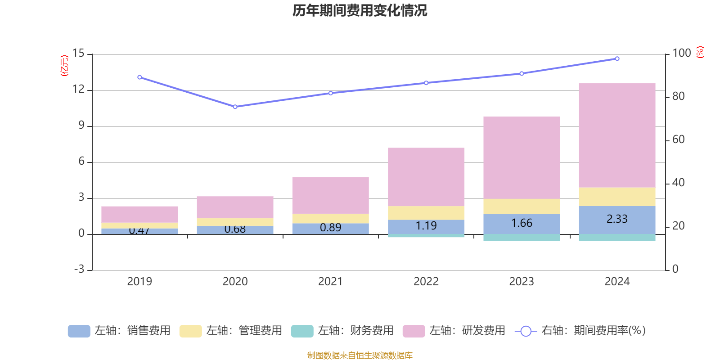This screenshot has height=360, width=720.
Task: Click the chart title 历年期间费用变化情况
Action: click(360, 10)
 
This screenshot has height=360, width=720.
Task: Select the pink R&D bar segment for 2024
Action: click(617, 135)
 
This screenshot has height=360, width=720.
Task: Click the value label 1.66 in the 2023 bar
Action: click(522, 223)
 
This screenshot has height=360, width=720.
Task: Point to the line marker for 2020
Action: click(235, 107)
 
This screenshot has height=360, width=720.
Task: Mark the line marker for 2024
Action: click(617, 58)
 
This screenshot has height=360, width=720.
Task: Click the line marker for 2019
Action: click(139, 77)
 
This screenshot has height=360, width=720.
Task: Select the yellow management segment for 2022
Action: click(426, 213)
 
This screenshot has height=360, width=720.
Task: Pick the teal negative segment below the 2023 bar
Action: click(522, 238)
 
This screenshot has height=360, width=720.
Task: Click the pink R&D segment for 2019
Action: click(139, 214)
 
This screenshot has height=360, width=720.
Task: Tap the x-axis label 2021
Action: click(330, 282)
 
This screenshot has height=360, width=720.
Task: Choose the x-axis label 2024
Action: click(617, 282)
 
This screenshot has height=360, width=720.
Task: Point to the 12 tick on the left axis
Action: click(78, 90)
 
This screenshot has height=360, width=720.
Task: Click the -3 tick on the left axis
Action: click(78, 270)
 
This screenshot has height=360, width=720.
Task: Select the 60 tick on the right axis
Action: click(678, 140)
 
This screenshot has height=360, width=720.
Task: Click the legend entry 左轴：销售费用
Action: click(120, 331)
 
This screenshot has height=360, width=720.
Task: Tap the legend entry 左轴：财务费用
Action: click(343, 331)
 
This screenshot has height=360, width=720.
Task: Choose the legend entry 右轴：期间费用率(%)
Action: click(580, 331)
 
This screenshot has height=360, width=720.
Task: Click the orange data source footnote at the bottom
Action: click(360, 355)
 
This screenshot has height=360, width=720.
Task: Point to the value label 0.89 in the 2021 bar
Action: click(330, 228)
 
